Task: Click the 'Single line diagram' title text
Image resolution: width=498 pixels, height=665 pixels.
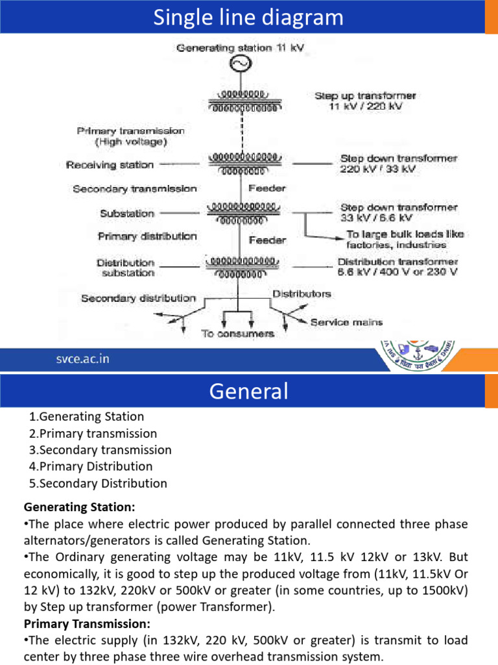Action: tap(248, 18)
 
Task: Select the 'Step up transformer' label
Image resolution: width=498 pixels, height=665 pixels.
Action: tap(365, 95)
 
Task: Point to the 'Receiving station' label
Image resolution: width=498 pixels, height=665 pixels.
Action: tap(110, 165)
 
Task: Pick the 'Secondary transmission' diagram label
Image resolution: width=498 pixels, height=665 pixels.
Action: tap(135, 189)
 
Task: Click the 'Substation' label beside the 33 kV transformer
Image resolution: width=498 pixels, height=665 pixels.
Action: tap(127, 213)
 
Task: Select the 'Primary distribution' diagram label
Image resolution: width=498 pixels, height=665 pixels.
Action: tap(147, 236)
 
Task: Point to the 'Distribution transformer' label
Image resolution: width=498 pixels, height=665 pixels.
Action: tap(397, 262)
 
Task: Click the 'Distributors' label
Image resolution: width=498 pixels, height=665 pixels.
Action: tap(302, 294)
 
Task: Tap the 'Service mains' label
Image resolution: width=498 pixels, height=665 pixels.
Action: tap(346, 321)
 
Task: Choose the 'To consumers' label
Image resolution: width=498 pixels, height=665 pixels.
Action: tap(237, 333)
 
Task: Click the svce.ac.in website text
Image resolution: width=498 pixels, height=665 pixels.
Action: tap(81, 359)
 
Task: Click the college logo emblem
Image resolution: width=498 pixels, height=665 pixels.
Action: tap(421, 357)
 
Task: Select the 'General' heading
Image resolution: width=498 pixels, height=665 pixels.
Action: tap(248, 392)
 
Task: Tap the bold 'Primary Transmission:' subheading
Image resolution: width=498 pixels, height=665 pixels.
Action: tap(87, 623)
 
